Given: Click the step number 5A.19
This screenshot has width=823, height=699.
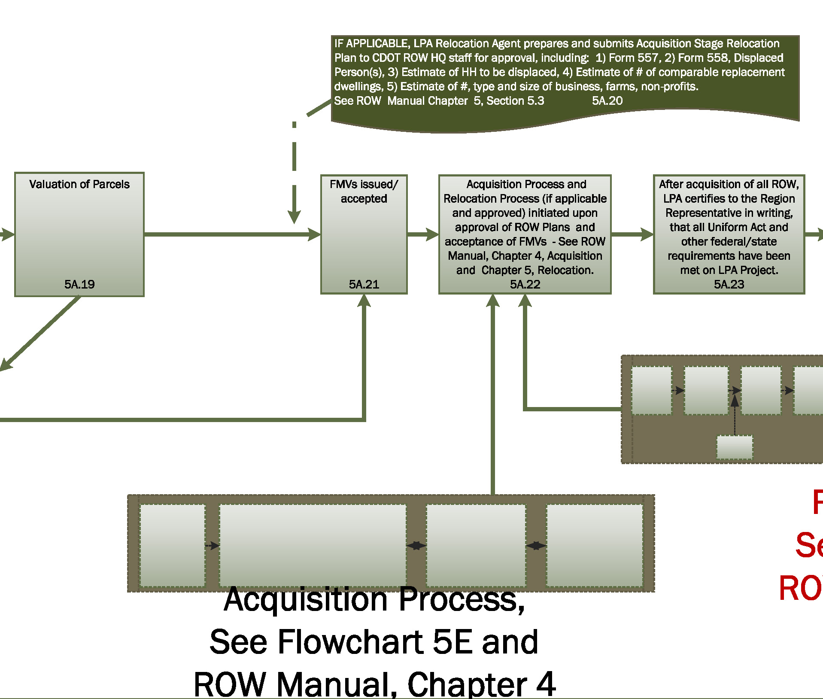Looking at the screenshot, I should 79,284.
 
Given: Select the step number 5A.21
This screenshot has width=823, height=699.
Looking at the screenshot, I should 364,284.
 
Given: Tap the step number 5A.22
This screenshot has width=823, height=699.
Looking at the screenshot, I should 525,284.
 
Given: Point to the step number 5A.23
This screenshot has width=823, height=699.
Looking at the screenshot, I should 729,284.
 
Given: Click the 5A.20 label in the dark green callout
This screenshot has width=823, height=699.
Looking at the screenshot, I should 607,101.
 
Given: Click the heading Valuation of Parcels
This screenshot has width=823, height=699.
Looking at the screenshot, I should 79,184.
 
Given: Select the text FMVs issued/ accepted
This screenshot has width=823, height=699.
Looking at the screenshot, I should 364,191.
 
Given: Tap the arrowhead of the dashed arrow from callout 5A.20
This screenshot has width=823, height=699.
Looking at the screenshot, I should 294,217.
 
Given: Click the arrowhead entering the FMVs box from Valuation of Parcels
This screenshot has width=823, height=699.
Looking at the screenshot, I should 315,234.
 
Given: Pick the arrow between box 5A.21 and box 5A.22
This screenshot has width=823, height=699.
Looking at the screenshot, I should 423,234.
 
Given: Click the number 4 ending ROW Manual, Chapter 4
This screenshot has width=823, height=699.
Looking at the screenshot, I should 546,684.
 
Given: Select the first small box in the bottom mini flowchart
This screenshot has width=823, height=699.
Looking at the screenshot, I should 173,545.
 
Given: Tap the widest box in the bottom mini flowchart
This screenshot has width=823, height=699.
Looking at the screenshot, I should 313,545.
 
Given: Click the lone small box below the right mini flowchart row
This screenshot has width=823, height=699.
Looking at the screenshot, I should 735,447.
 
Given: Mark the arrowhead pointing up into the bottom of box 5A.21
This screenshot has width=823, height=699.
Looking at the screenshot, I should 364,301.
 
